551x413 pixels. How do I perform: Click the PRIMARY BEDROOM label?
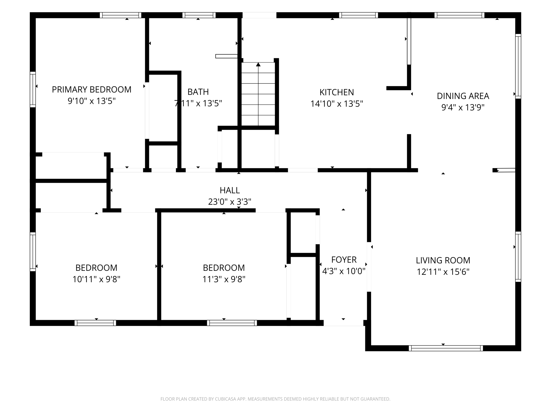coord(92,90)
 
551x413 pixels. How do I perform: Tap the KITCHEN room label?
coord(337,92)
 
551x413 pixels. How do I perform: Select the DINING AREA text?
coord(463,96)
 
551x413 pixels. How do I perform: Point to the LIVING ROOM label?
coord(443,261)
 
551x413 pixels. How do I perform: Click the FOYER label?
coord(344,260)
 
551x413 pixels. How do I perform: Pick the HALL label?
coord(230,190)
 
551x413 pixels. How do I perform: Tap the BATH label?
coord(198,92)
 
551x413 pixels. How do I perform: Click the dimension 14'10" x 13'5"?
coord(337,104)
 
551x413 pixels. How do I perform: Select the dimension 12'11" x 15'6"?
coord(443,272)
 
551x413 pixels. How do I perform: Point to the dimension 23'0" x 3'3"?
coord(230,202)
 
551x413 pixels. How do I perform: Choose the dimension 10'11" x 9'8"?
coord(96,279)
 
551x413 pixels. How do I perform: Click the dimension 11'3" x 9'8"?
coord(224,279)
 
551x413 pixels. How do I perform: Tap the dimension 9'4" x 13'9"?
coord(463,107)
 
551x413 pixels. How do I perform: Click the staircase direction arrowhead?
coord(258,64)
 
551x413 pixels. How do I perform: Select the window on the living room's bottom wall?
coord(446,348)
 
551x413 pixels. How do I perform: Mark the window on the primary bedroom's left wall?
coord(33,89)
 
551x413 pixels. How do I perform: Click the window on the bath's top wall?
coord(199,15)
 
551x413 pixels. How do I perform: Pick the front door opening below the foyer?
coord(343,323)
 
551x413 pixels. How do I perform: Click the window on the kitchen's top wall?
coord(358,15)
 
